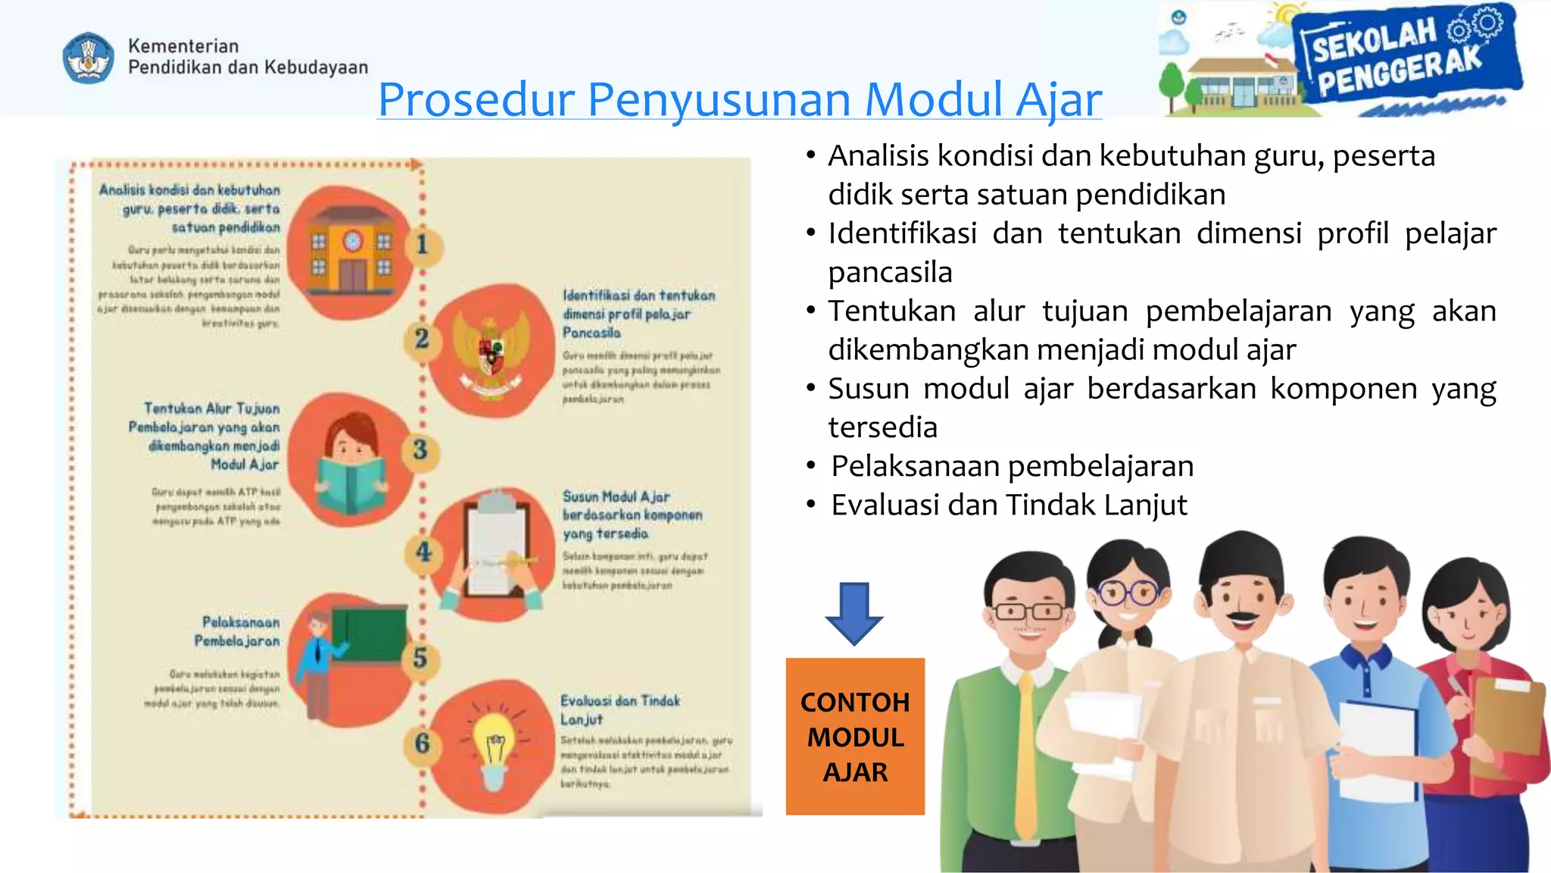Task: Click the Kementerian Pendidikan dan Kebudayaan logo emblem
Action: [x=89, y=58]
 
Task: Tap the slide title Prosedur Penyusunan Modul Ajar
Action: [x=739, y=99]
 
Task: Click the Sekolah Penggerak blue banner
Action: [x=1406, y=58]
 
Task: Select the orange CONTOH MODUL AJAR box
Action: [x=855, y=736]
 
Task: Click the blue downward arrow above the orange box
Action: [x=854, y=612]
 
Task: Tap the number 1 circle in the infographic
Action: [x=423, y=244]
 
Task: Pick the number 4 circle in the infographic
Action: [x=423, y=552]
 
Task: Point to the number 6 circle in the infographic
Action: [x=423, y=743]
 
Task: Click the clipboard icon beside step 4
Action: [x=495, y=547]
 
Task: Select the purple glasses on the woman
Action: [x=1130, y=592]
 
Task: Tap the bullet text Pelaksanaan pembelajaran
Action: [x=1012, y=466]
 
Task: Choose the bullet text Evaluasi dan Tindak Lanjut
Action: [x=1009, y=505]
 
